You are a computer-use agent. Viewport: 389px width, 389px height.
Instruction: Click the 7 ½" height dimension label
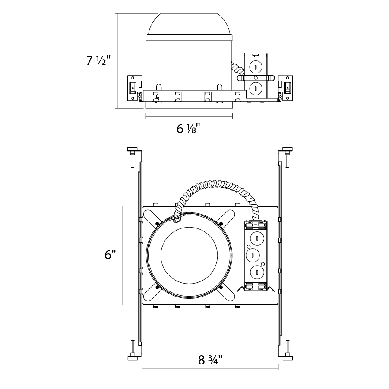click(x=98, y=60)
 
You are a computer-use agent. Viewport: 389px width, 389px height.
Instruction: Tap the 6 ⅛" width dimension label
click(x=188, y=129)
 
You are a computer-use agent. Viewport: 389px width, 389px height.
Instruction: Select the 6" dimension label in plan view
click(x=110, y=255)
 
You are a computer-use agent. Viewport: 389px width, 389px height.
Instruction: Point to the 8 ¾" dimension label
click(x=210, y=360)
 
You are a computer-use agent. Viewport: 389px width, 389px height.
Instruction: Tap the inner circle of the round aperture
click(x=189, y=255)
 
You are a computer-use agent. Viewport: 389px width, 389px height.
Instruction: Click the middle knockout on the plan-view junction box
click(x=253, y=255)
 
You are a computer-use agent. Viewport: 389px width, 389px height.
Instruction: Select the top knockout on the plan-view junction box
click(x=257, y=238)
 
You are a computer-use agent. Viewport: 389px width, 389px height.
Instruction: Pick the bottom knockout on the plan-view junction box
click(x=257, y=272)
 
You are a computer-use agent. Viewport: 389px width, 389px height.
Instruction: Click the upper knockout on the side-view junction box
click(x=256, y=67)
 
